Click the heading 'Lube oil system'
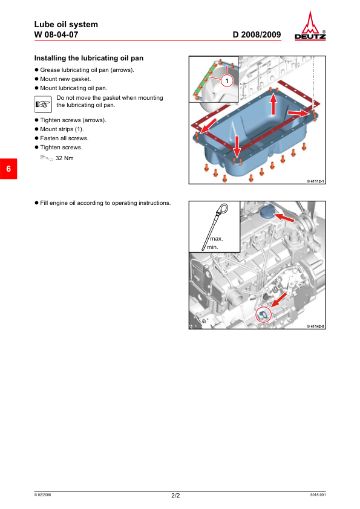66,24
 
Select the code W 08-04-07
56,34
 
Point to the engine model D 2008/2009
257,34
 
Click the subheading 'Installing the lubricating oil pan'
89,58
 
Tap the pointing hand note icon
43,104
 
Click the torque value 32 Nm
65,158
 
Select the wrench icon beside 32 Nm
46,158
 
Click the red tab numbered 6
8,169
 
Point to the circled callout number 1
227,81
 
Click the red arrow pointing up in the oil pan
273,104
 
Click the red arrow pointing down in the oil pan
237,146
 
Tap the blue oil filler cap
267,212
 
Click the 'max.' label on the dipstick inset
217,239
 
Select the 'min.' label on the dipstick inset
212,247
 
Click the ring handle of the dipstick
221,210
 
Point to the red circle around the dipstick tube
263,314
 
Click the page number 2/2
175,495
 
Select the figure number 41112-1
315,181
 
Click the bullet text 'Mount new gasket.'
65,79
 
